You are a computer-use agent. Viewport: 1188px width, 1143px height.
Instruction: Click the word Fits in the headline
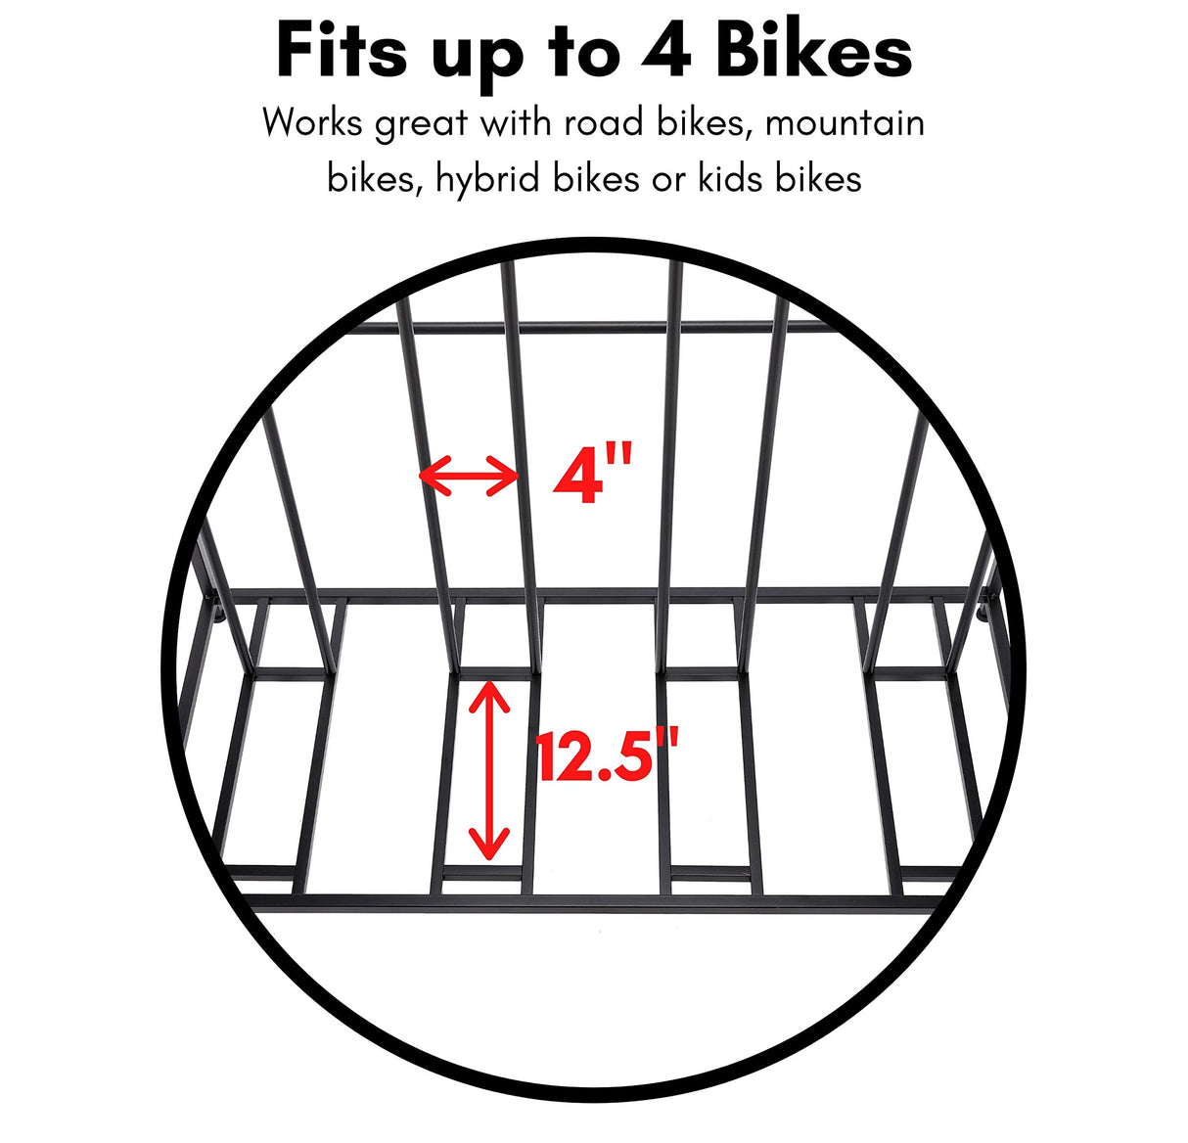click(342, 52)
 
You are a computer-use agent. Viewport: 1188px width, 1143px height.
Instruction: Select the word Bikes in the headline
click(814, 52)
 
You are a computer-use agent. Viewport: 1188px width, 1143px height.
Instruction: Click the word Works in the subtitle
click(312, 123)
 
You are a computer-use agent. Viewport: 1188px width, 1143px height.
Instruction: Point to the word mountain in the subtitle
click(845, 123)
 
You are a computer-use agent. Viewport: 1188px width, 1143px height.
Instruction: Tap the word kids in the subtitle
click(732, 179)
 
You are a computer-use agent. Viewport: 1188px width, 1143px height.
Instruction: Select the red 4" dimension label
click(593, 475)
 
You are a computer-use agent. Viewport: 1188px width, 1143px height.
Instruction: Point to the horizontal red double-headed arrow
click(469, 477)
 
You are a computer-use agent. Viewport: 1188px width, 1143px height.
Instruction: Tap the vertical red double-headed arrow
click(489, 770)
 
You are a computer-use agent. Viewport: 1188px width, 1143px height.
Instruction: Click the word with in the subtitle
click(515, 123)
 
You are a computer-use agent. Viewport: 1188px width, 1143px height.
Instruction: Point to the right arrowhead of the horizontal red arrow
click(509, 477)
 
